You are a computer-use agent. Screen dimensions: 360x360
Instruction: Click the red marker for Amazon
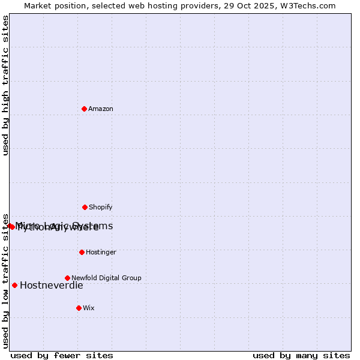pos(85,109)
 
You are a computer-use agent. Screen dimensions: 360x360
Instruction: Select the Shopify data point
pos(85,207)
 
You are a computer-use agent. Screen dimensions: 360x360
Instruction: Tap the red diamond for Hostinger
pos(82,252)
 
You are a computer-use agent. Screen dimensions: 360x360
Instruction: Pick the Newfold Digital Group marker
pos(67,278)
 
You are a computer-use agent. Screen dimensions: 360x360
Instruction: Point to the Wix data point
pos(79,308)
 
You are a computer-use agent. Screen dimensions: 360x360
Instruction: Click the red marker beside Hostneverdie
pos(14,285)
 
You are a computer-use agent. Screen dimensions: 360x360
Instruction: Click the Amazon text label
pos(101,109)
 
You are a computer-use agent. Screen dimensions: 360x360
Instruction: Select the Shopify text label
pos(101,207)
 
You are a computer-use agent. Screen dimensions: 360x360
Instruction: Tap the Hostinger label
pos(101,252)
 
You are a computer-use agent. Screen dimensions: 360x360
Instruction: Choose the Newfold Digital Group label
pos(106,278)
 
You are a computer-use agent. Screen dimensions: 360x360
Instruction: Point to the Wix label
pos(89,308)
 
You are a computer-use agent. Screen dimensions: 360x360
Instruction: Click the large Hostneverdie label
pos(52,285)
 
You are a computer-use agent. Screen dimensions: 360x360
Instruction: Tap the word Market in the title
pos(38,6)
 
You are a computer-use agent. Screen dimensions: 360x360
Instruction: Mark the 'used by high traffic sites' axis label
pos(5,85)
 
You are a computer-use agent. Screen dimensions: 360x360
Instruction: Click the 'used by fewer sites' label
pos(62,355)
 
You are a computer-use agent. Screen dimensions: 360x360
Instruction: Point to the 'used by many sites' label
pos(301,355)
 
